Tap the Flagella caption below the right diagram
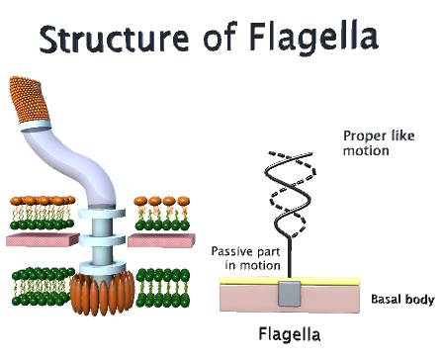click(x=286, y=333)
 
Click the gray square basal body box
click(x=289, y=294)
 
